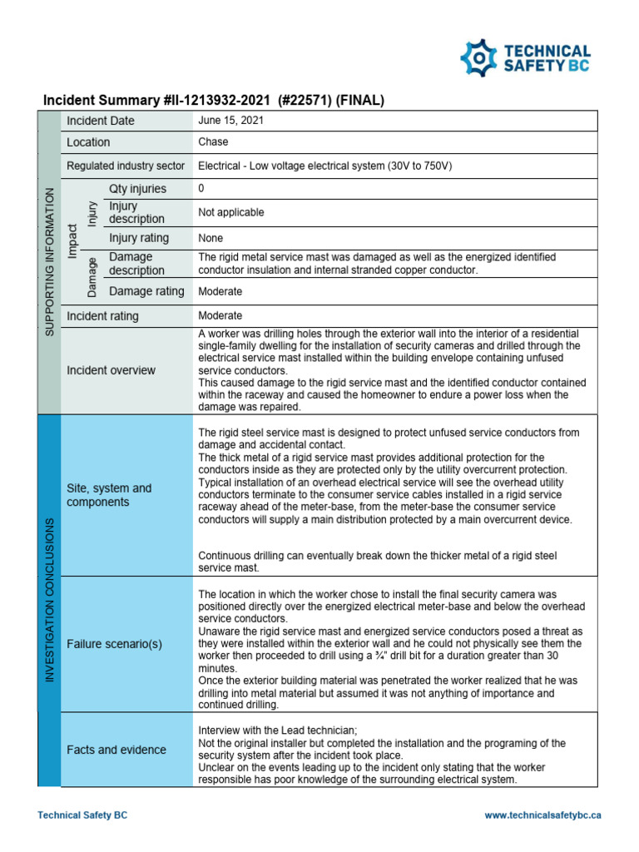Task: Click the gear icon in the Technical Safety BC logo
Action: (480, 57)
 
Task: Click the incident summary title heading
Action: (213, 102)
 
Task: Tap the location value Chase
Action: (212, 142)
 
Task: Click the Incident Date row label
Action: (100, 121)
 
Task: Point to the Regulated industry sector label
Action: (126, 166)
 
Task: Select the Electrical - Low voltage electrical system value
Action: (324, 166)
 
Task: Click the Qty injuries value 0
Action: (201, 188)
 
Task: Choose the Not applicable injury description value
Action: (230, 212)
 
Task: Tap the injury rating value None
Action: (211, 238)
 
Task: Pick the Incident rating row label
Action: (102, 316)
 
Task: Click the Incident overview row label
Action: (111, 370)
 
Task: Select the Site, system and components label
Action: (109, 495)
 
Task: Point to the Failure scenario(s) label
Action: (114, 644)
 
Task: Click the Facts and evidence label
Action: (116, 750)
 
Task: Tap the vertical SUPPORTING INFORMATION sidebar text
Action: (49, 261)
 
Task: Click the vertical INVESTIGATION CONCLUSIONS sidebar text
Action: (49, 599)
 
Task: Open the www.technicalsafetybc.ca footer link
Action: (542, 816)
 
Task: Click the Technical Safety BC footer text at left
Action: (82, 816)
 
